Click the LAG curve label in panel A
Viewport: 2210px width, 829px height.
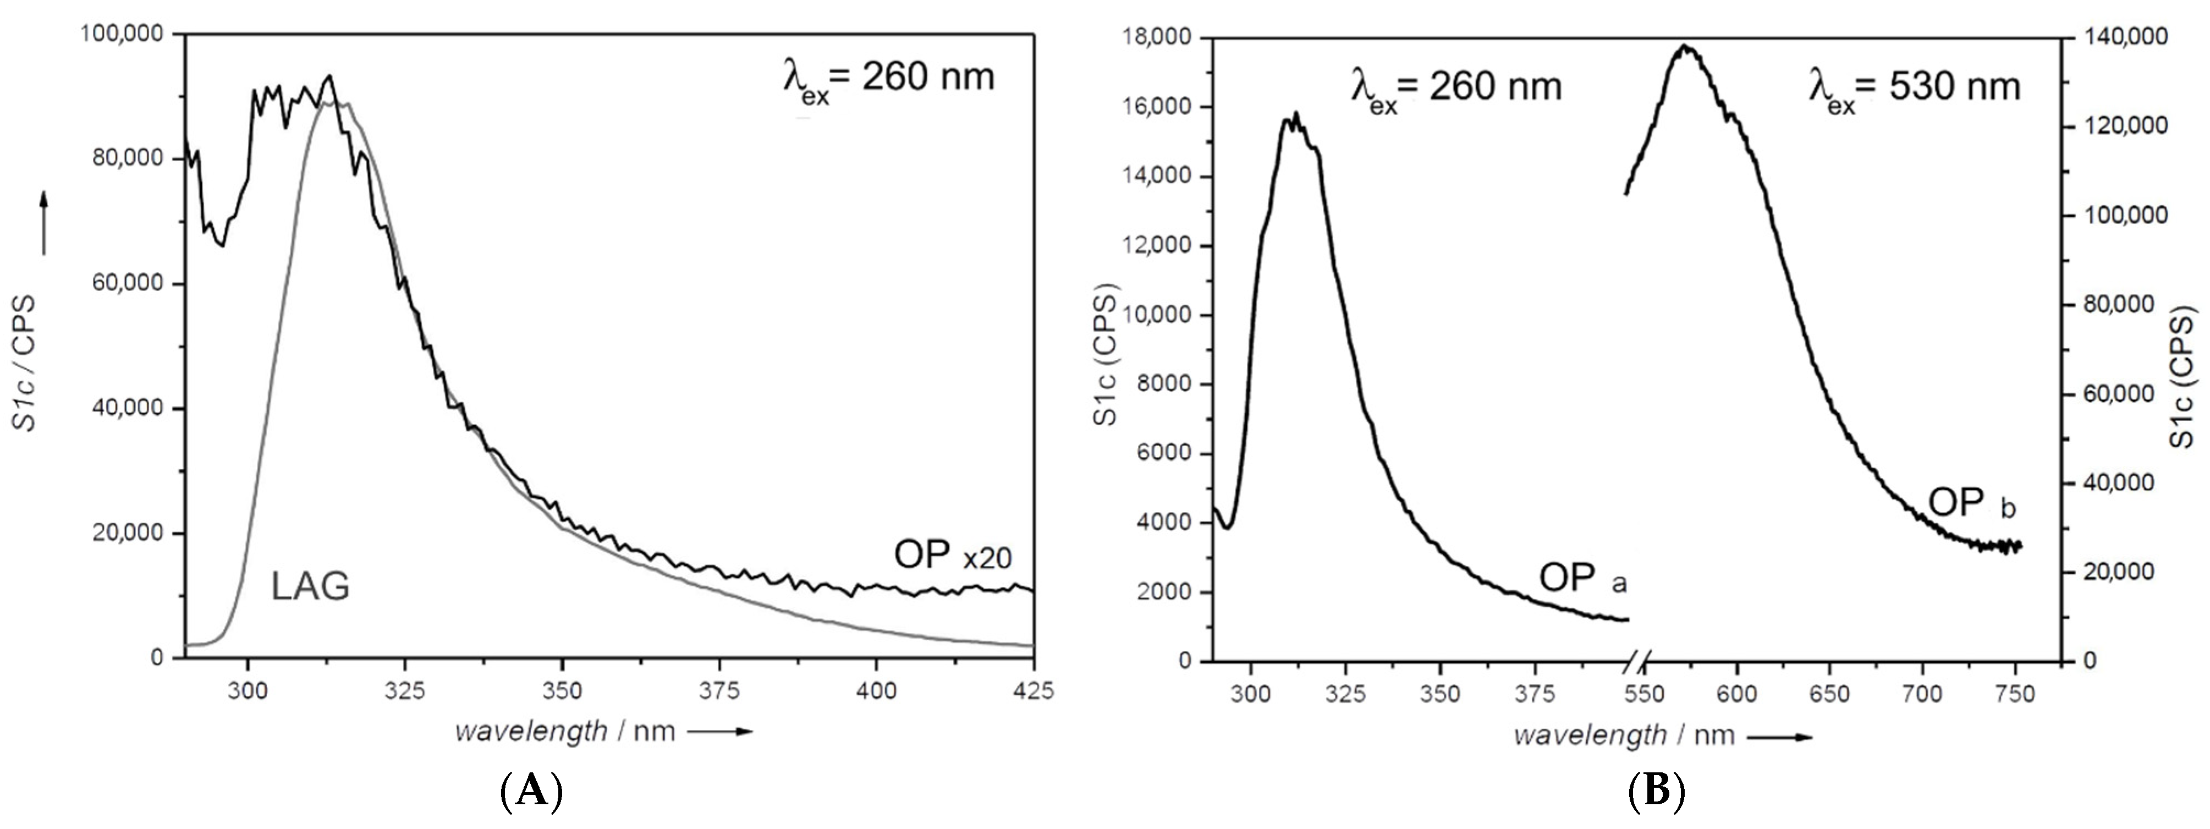[x=311, y=587]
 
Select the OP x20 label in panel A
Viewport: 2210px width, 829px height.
[x=952, y=556]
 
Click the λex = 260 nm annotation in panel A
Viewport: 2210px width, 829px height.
[x=888, y=79]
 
